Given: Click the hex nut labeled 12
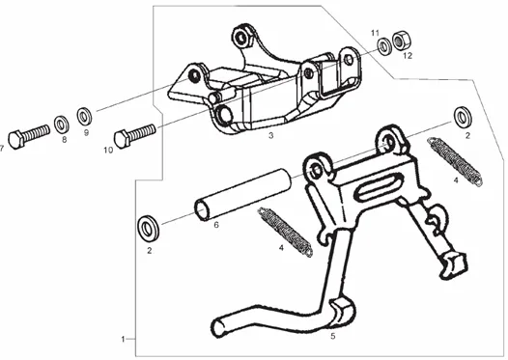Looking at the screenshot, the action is click(401, 41).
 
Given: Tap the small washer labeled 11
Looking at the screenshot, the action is click(385, 46).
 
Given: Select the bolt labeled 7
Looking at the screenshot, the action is click(29, 137).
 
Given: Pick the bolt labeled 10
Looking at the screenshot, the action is click(135, 136).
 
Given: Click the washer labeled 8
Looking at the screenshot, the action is click(61, 124).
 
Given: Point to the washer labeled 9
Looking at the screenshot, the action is click(84, 117).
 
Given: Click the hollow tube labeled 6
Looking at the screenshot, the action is click(242, 195).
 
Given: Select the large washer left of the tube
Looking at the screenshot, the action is click(149, 228).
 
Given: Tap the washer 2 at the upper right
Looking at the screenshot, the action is click(463, 117).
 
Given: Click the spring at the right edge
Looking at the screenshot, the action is click(456, 162).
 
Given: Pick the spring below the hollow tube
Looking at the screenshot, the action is click(285, 233).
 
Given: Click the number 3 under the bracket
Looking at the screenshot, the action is click(270, 136).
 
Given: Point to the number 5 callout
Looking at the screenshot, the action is click(333, 336).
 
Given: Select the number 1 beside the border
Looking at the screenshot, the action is click(123, 340).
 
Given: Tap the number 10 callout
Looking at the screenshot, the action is click(108, 151).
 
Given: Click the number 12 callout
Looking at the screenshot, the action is click(408, 56).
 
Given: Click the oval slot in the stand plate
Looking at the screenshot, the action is click(379, 186).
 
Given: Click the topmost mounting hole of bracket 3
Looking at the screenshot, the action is click(241, 38).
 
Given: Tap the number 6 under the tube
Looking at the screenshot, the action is click(216, 224).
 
